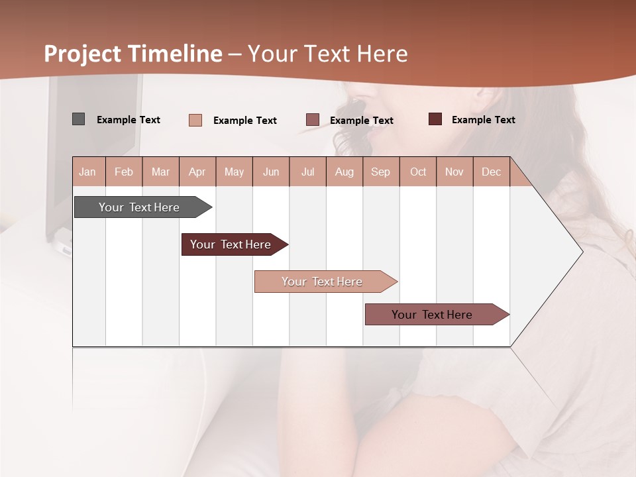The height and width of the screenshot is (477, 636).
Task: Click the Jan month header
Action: [87, 172]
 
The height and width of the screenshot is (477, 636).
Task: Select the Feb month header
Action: [124, 172]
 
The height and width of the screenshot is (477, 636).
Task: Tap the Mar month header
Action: [160, 172]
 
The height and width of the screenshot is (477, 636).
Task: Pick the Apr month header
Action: [197, 172]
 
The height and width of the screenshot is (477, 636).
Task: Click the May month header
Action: [234, 172]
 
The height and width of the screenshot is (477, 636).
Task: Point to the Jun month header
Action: [271, 172]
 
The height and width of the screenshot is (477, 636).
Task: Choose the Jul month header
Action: [307, 172]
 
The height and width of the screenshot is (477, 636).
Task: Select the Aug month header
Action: [344, 172]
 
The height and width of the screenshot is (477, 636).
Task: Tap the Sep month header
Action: [381, 172]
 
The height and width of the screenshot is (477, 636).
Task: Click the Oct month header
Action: [418, 172]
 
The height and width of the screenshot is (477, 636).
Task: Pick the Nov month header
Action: [454, 172]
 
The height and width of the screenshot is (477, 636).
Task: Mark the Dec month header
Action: [491, 172]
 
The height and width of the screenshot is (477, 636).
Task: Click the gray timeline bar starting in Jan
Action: [140, 207]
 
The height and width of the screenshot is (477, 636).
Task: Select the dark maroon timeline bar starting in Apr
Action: [231, 244]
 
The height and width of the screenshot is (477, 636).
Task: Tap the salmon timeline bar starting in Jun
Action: [323, 282]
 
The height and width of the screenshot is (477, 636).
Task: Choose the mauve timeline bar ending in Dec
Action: [433, 315]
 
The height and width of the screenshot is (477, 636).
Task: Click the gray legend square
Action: [78, 119]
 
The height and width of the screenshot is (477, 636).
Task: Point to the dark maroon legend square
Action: [435, 119]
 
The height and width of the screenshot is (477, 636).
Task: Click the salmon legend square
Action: [195, 120]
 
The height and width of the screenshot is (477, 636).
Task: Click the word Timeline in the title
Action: [175, 54]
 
